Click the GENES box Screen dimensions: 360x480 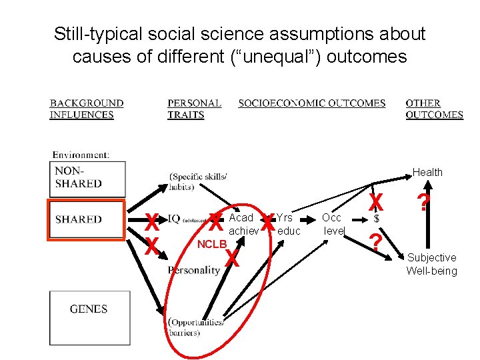[x=89, y=318]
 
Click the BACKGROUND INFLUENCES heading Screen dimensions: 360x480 [x=87, y=109]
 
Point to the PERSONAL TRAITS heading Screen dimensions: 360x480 [x=194, y=109]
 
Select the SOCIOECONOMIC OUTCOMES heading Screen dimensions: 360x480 [x=312, y=103]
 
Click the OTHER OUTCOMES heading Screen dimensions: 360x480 [x=434, y=109]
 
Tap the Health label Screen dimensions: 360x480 [x=427, y=172]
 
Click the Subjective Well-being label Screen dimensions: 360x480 [x=432, y=264]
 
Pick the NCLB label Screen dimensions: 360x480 [x=212, y=244]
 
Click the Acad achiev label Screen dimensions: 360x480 [x=243, y=224]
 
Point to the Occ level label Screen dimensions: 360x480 [x=332, y=224]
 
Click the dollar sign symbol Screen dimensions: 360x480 [x=377, y=219]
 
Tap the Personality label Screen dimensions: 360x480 [x=194, y=270]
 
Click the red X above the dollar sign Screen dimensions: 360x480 [x=376, y=201]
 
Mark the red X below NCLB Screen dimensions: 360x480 [x=231, y=258]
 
